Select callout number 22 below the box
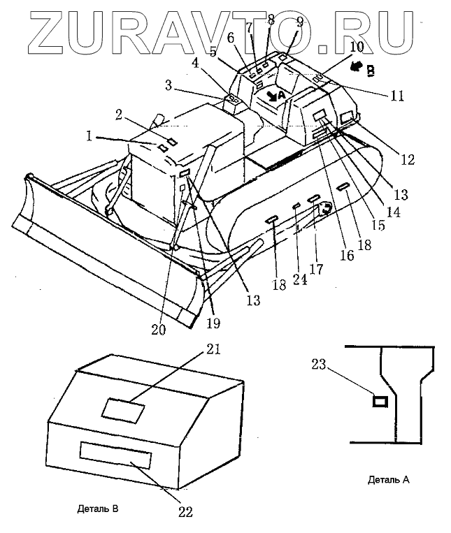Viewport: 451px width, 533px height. click(x=185, y=510)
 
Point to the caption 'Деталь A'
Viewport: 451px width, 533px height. click(x=387, y=481)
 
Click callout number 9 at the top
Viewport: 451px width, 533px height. click(x=299, y=22)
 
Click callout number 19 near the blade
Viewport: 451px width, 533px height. click(x=213, y=323)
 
